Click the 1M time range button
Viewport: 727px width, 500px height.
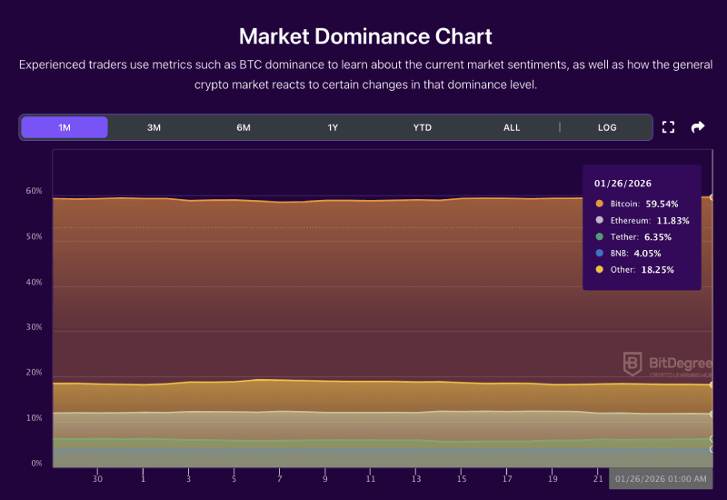[x=65, y=127]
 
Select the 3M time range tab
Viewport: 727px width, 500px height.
[x=154, y=127]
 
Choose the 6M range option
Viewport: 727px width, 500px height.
[x=244, y=127]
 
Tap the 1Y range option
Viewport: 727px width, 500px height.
[x=333, y=127]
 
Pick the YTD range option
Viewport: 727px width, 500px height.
[x=423, y=127]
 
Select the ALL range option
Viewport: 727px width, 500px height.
[x=512, y=127]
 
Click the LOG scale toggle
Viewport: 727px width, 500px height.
[x=607, y=127]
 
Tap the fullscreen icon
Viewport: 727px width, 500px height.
[x=668, y=127]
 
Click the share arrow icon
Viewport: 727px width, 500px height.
[x=698, y=127]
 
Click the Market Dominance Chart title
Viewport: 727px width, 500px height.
[x=365, y=36]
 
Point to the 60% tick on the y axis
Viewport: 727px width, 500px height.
[x=35, y=191]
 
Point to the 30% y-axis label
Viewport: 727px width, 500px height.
[x=35, y=327]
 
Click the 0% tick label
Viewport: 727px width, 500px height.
[x=37, y=464]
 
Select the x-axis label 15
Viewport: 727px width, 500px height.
[x=462, y=478]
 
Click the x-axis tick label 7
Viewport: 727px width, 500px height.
[x=279, y=478]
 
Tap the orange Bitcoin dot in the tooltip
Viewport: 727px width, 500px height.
[x=599, y=204]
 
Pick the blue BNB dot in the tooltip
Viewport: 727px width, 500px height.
[x=599, y=253]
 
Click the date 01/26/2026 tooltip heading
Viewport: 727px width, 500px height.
[x=622, y=184]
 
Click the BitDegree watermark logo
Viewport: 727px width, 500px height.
[x=632, y=364]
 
